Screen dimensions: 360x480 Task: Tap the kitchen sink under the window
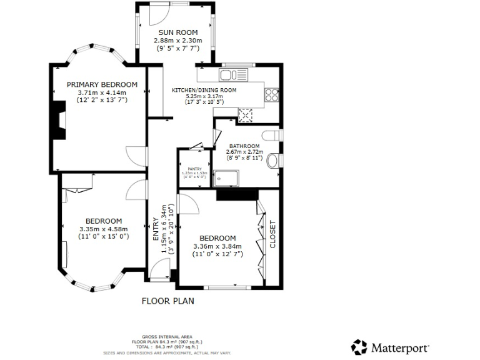pos(234,76)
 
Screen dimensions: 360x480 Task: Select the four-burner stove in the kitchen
pos(272,95)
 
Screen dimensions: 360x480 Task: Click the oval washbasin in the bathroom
pos(273,162)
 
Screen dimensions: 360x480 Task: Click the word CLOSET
pos(272,234)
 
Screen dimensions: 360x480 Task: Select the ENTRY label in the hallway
pos(156,229)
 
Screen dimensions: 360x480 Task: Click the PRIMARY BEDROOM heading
pos(102,85)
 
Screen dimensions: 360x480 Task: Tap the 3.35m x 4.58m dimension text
pos(104,229)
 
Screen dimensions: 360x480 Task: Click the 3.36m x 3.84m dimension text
pos(217,246)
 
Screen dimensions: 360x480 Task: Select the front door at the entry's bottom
pos(161,273)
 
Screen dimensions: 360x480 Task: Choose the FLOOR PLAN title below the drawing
pos(167,301)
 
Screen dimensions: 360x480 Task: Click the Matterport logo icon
pos(359,347)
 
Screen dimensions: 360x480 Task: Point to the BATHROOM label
pos(244,146)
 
